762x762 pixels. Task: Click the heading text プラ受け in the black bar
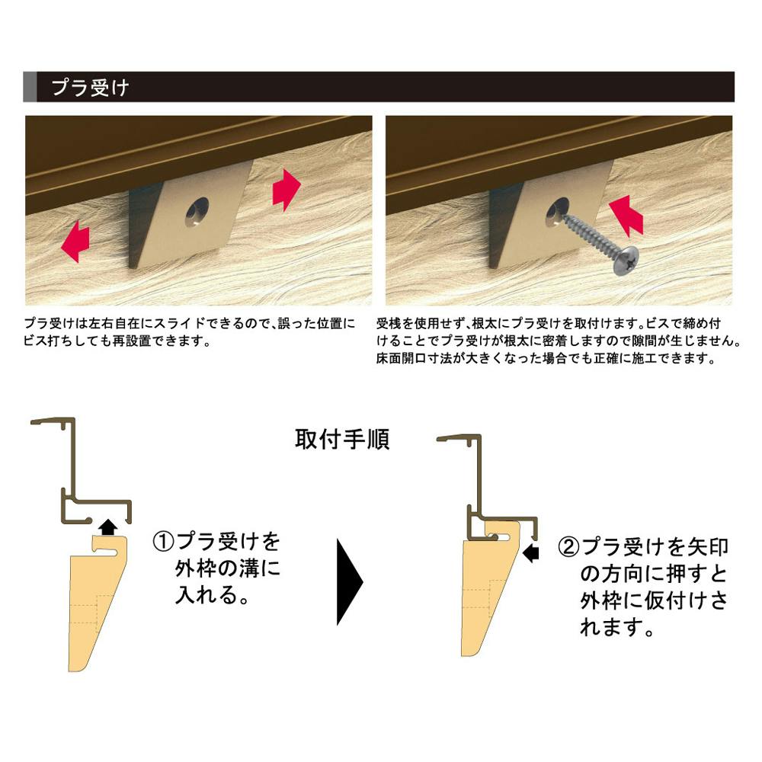(90, 88)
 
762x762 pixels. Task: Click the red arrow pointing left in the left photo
(75, 241)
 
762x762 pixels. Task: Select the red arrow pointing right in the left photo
(287, 190)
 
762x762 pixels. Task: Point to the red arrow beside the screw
(626, 216)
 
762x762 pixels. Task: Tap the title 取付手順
(342, 440)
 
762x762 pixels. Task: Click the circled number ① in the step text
(163, 541)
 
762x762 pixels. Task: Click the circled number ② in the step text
(568, 547)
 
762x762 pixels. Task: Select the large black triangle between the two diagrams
(349, 581)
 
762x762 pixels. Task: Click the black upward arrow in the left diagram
(108, 527)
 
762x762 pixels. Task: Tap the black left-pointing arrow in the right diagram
(532, 552)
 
